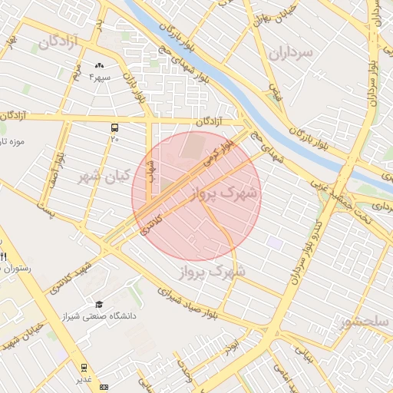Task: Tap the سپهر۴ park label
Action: click(100, 77)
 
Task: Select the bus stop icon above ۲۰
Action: click(114, 127)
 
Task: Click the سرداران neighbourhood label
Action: click(292, 52)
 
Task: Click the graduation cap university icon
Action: click(98, 305)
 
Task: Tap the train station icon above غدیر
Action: click(83, 367)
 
